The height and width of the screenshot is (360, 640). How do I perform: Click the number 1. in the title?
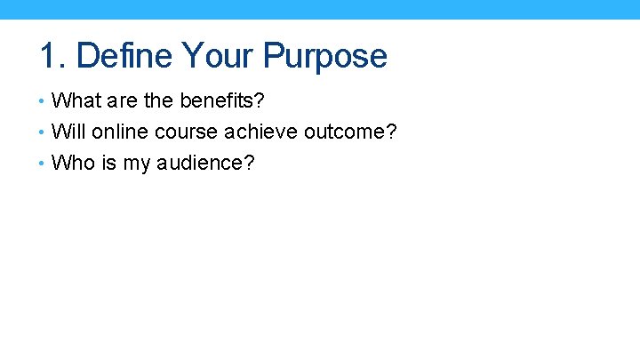point(53,56)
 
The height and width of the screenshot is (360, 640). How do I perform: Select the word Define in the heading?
point(124,56)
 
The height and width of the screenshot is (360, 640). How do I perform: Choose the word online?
point(115,132)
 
